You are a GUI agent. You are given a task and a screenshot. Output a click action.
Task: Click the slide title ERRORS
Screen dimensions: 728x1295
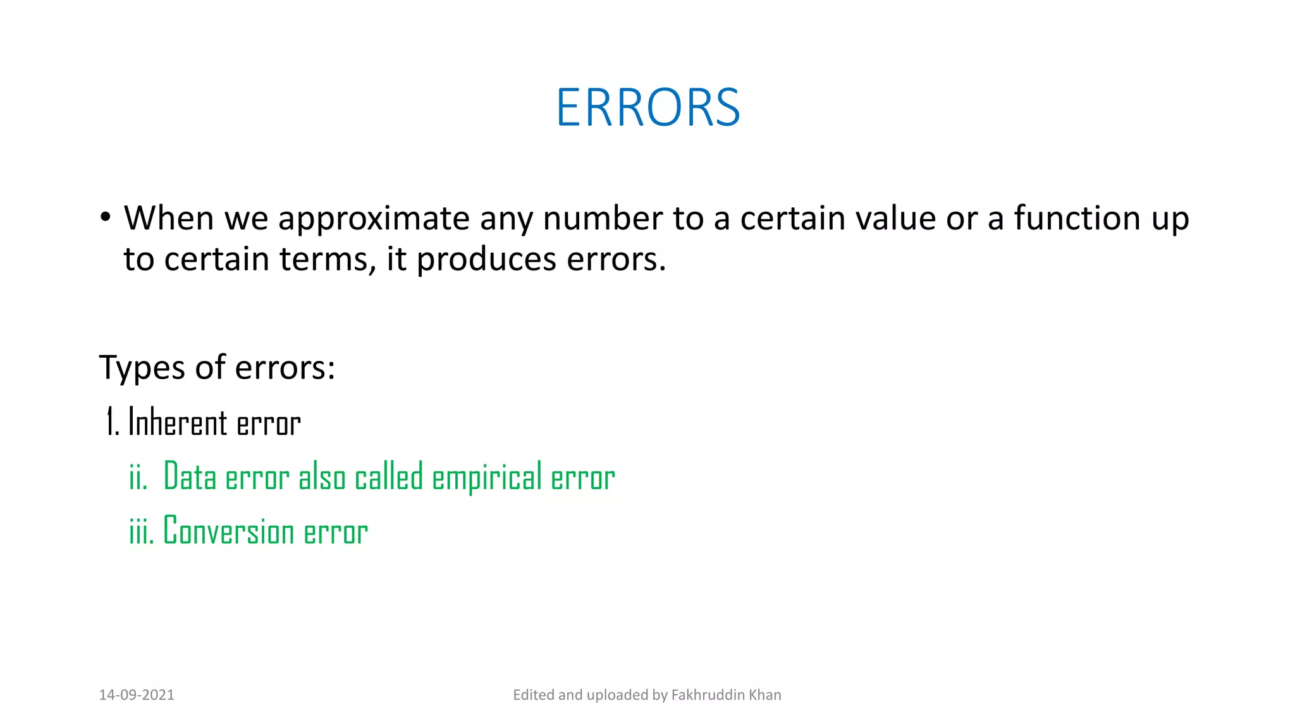point(647,107)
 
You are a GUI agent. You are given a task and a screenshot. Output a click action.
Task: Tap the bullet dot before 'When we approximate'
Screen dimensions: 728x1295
point(106,217)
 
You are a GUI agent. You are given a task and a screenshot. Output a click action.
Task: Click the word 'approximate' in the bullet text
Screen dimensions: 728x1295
point(373,219)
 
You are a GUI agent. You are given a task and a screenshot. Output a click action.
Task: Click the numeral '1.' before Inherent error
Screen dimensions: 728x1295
point(113,422)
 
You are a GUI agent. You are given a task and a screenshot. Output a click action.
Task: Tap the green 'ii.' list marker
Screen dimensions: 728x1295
point(138,477)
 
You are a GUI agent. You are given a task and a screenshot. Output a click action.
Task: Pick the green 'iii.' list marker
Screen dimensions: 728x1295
point(141,531)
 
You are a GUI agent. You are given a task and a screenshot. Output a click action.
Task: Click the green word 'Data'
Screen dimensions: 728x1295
point(190,477)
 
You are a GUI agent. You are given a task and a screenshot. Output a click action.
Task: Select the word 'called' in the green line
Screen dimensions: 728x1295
point(388,477)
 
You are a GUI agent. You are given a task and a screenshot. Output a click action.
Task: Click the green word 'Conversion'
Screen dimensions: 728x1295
point(228,531)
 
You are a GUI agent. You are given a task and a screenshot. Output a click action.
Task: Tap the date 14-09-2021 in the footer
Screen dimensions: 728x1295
point(137,695)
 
